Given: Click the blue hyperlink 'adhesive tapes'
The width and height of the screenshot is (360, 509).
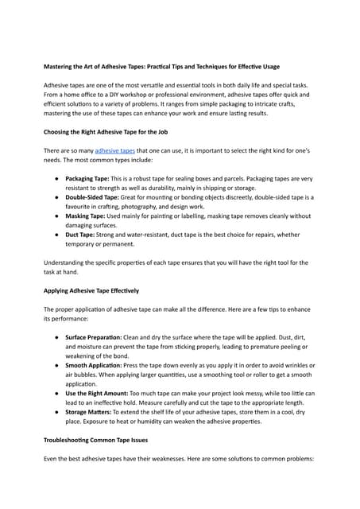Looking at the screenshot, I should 115,150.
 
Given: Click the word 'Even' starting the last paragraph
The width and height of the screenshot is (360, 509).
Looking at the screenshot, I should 51,459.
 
